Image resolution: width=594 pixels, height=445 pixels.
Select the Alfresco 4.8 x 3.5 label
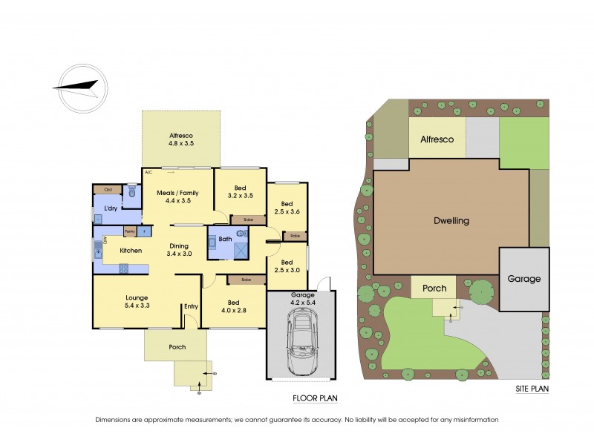(181, 139)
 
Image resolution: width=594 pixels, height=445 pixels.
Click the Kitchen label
(131, 250)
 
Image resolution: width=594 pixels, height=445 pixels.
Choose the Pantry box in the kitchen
(129, 231)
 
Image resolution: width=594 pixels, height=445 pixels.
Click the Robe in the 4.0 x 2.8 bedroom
(245, 280)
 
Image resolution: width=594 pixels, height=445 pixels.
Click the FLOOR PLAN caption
(315, 398)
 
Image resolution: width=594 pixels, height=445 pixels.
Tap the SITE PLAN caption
(532, 389)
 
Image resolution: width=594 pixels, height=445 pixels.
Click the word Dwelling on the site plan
(451, 220)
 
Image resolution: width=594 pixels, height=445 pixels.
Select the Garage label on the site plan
(524, 279)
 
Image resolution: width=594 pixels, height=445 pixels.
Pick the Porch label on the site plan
(434, 288)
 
